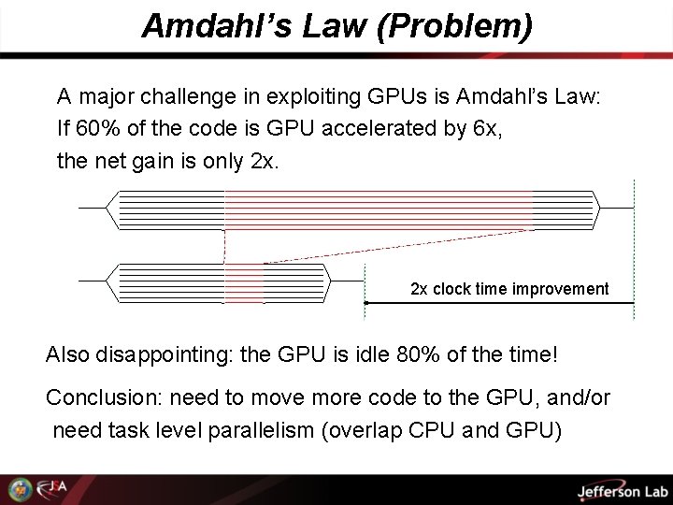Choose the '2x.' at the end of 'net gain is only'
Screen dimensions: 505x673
coord(265,160)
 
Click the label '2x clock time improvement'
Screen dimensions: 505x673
coord(509,289)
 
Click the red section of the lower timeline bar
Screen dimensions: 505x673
coord(245,282)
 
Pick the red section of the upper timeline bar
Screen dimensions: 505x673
coord(378,209)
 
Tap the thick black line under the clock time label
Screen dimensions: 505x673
coord(499,303)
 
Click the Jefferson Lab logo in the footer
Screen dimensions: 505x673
coord(608,490)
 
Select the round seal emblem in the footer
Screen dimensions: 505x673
coord(19,489)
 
